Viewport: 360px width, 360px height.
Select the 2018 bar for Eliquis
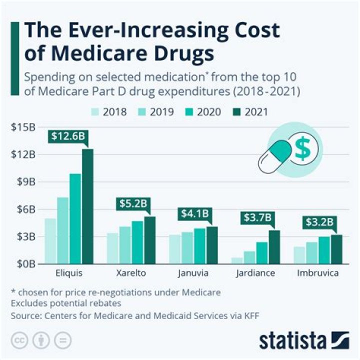click(x=50, y=240)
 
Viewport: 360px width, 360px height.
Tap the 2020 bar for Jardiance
click(x=262, y=252)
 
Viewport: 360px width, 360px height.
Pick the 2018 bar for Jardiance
click(x=237, y=260)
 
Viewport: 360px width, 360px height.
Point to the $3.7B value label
click(x=257, y=218)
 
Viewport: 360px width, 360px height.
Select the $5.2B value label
click(x=133, y=203)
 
